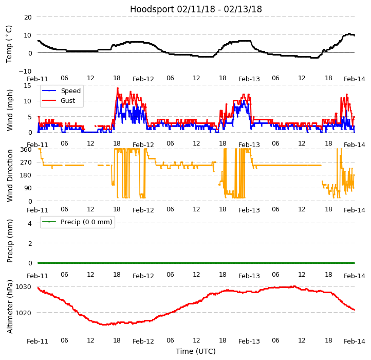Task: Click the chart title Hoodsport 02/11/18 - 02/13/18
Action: pyautogui.click(x=196, y=9)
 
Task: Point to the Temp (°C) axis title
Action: pyautogui.click(x=9, y=44)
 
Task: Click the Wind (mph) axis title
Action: pyautogui.click(x=10, y=110)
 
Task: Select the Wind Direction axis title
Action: pyautogui.click(x=10, y=175)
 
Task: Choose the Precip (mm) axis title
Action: pyautogui.click(x=10, y=241)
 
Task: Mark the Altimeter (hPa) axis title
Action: pyautogui.click(x=10, y=307)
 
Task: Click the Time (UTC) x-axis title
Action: pyautogui.click(x=196, y=351)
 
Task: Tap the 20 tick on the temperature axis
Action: pyautogui.click(x=27, y=17)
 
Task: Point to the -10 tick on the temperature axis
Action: pyautogui.click(x=26, y=71)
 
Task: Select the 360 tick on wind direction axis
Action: pyautogui.click(x=26, y=150)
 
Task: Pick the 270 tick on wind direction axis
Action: pyautogui.click(x=26, y=163)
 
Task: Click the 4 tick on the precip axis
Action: pyautogui.click(x=30, y=223)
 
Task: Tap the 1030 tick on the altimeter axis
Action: pyautogui.click(x=24, y=287)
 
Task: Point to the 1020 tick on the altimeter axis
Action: pyautogui.click(x=24, y=313)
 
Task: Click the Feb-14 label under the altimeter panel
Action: pyautogui.click(x=355, y=341)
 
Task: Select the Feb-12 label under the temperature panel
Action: pyautogui.click(x=143, y=79)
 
